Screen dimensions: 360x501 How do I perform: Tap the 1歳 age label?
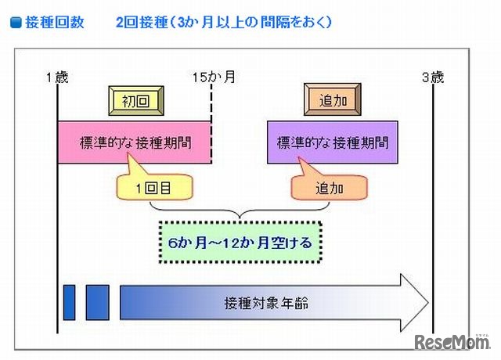coord(57,77)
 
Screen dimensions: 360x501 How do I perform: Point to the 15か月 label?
coord(213,77)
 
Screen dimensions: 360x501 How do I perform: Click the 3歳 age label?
coord(433,77)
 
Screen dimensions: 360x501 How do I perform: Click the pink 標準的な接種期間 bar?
coord(135,142)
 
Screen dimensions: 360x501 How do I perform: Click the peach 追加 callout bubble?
coord(330,188)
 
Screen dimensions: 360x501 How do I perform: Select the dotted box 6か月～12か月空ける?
coord(240,243)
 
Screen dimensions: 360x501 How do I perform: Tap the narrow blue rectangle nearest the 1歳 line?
coord(69,302)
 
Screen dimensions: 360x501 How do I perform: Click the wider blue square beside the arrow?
coord(97,302)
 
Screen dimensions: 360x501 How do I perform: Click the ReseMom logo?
coord(451,342)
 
